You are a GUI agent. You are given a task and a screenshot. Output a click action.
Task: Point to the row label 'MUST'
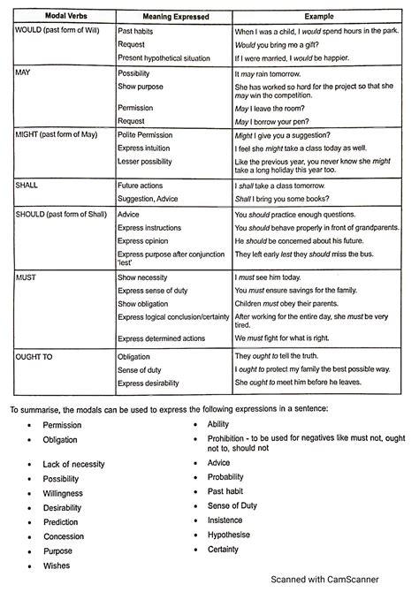27,277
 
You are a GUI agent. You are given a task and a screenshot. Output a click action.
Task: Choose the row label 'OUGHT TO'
35,356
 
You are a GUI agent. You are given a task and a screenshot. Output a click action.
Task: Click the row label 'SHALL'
29,186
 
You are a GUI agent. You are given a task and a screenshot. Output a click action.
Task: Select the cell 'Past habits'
140,30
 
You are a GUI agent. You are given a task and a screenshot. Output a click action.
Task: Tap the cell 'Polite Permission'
151,136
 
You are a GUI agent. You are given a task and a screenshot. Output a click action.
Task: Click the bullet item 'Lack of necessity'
73,464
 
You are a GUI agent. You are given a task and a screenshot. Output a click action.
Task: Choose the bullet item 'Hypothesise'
230,535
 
